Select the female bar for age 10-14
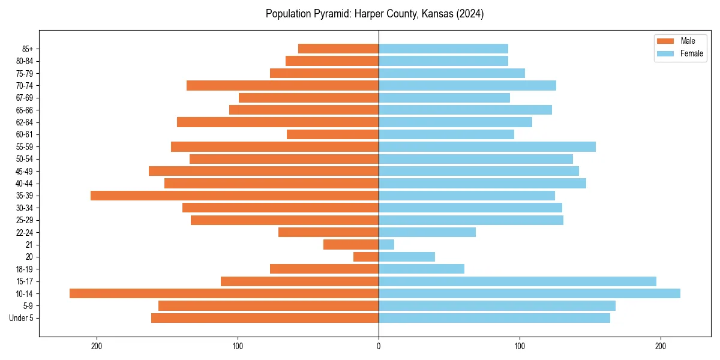tap(529, 293)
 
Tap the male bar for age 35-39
tap(235, 196)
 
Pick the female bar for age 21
tap(386, 245)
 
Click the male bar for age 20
tap(366, 257)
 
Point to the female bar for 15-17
tap(517, 281)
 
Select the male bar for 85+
tap(338, 49)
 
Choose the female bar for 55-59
tap(487, 147)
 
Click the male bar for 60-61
tap(332, 134)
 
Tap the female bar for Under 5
tap(494, 318)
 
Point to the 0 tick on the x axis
tap(379, 346)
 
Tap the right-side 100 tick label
tap(520, 346)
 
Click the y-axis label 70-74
tap(25, 86)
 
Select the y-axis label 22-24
tap(25, 233)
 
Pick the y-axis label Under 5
tap(22, 318)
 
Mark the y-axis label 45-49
tap(25, 172)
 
